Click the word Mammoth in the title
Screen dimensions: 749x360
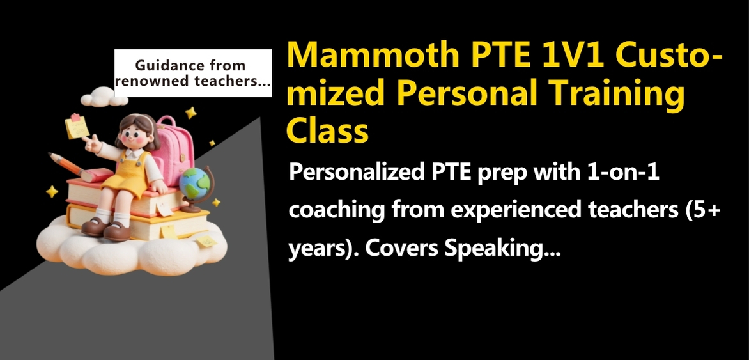(x=369, y=56)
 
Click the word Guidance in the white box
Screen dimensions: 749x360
(x=164, y=65)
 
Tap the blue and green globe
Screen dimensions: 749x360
(x=194, y=185)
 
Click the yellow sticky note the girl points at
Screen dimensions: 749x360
(x=77, y=126)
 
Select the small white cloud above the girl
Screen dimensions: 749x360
(x=104, y=97)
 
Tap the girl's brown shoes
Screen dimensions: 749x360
(x=105, y=230)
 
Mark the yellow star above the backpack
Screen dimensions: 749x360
(x=191, y=113)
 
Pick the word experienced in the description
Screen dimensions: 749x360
(x=516, y=211)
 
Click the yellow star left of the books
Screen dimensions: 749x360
(x=52, y=191)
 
